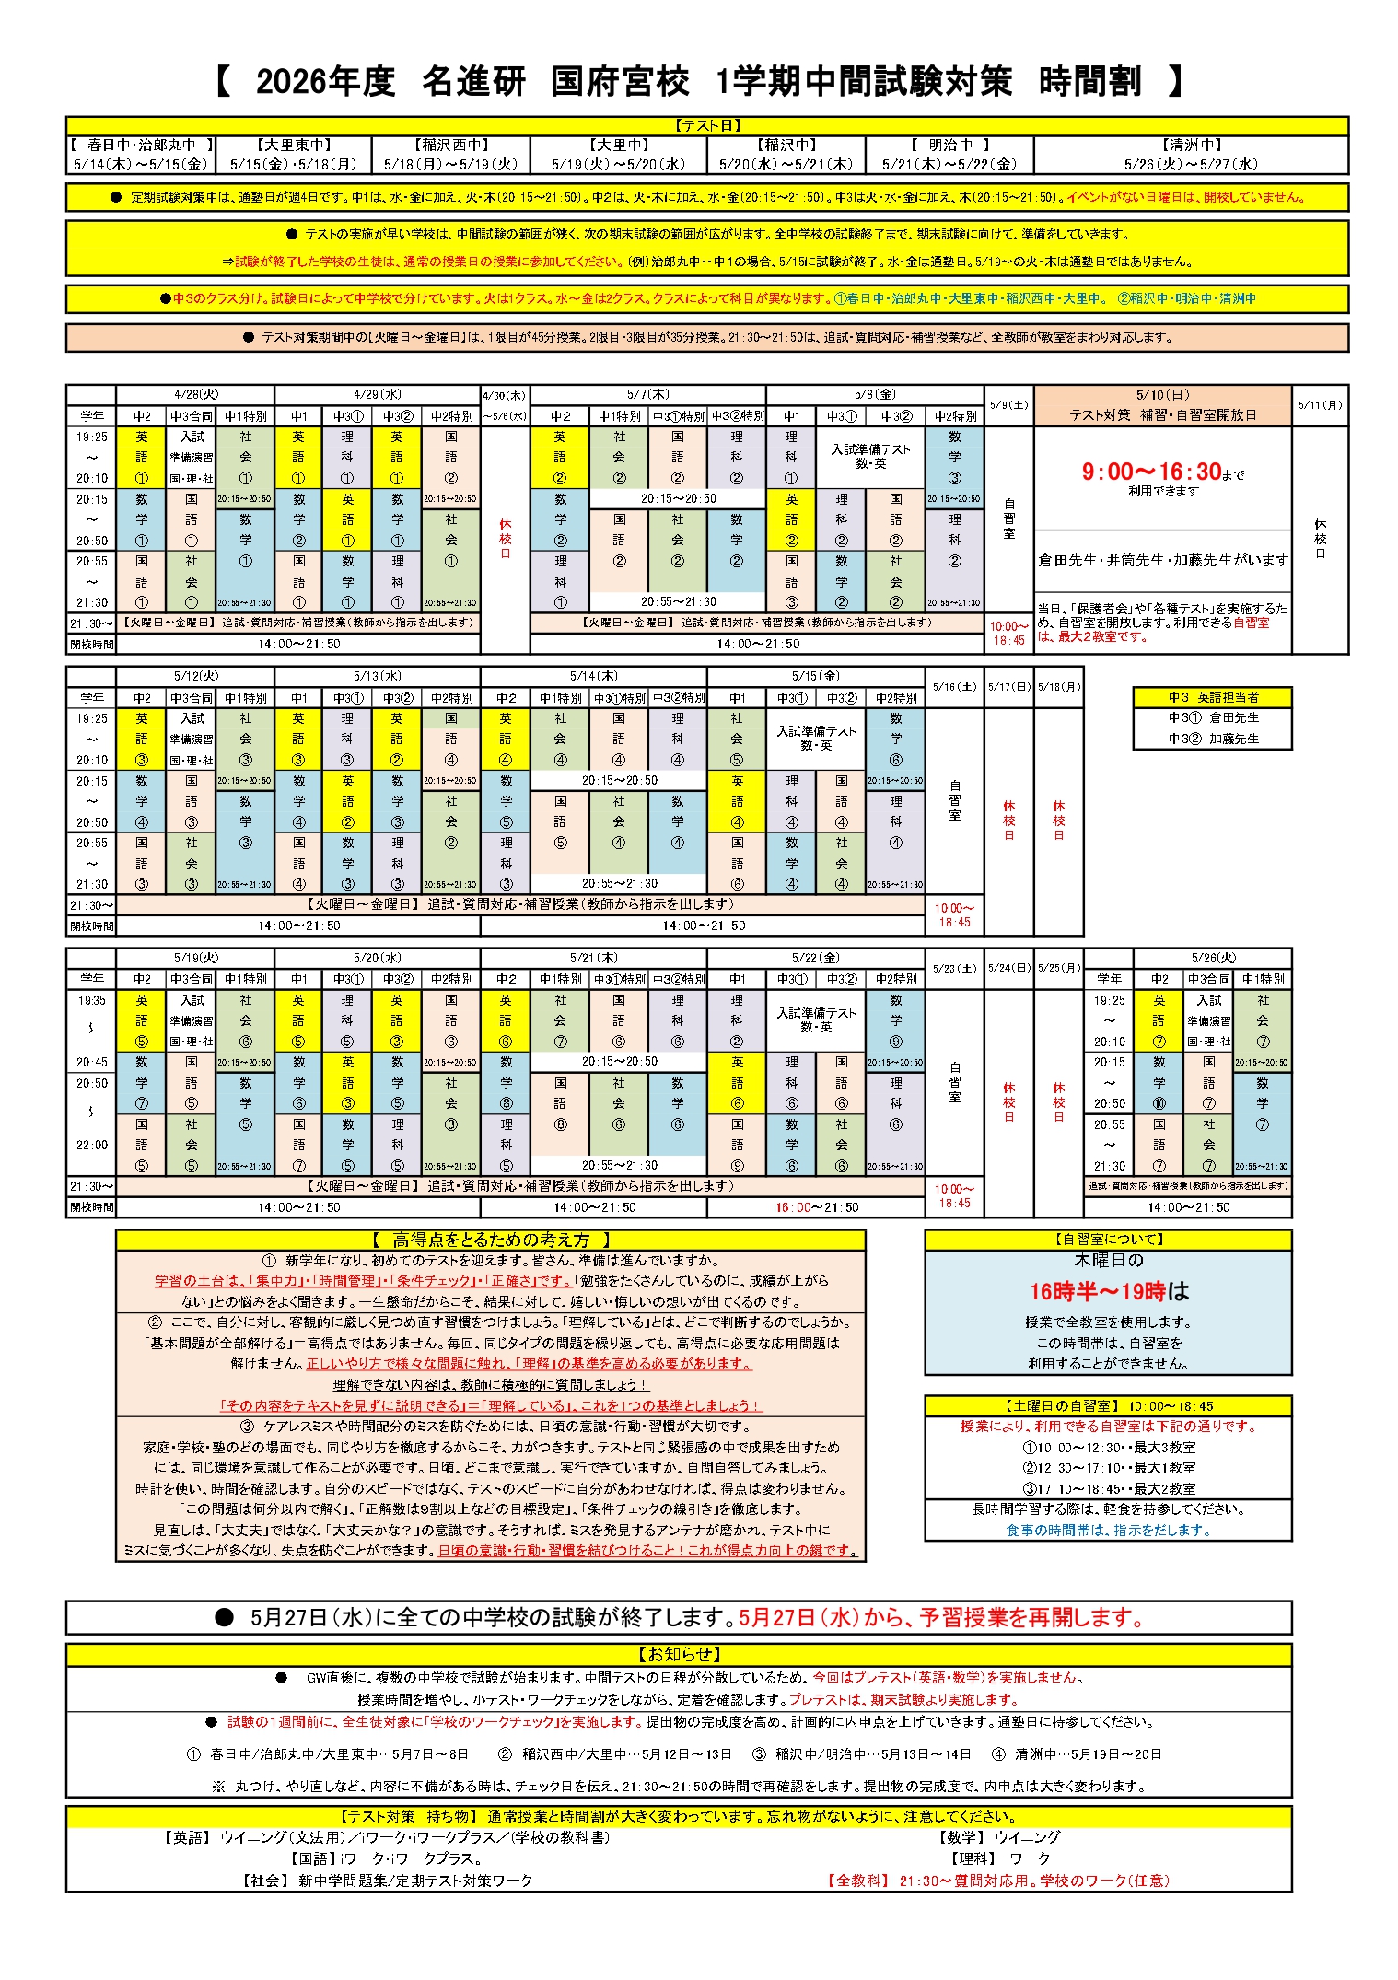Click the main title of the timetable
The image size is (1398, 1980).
pyautogui.click(x=698, y=82)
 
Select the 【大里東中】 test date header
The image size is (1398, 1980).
pyautogui.click(x=293, y=145)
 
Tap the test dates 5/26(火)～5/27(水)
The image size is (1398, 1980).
pyautogui.click(x=1190, y=164)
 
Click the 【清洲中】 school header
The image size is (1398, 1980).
pyautogui.click(x=1190, y=145)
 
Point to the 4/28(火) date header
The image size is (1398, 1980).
pyautogui.click(x=195, y=394)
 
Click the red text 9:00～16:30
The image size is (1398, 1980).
pyautogui.click(x=1151, y=472)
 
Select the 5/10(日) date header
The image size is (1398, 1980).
pyautogui.click(x=1162, y=394)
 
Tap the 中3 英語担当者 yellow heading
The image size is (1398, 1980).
pyautogui.click(x=1212, y=697)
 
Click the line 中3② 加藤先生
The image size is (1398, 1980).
pyautogui.click(x=1212, y=739)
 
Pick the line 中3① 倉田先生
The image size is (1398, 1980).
pyautogui.click(x=1212, y=717)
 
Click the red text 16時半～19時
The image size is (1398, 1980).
pyautogui.click(x=1097, y=1291)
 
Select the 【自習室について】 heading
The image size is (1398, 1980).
pyautogui.click(x=1108, y=1240)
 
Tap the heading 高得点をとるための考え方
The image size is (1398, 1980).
pyautogui.click(x=490, y=1240)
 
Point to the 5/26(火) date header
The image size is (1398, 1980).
pyautogui.click(x=1212, y=958)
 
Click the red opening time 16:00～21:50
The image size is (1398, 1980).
pyautogui.click(x=816, y=1207)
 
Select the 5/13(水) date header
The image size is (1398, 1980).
pyautogui.click(x=377, y=676)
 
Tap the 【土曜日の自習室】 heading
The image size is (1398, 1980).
pyautogui.click(x=1108, y=1406)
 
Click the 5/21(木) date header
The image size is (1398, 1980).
pyautogui.click(x=593, y=958)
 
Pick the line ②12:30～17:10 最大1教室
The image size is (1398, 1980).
pyautogui.click(x=1108, y=1468)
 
